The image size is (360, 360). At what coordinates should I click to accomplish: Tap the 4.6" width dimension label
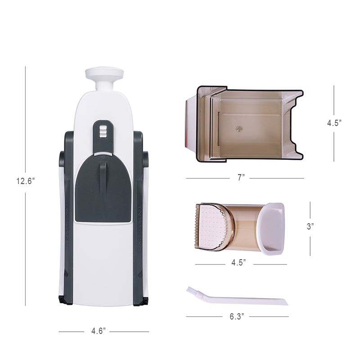98,332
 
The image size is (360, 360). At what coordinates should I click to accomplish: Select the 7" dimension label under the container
241,178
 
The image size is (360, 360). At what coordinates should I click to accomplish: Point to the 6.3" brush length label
236,316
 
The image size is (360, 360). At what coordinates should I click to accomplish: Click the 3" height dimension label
310,226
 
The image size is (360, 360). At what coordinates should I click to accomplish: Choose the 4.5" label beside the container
334,123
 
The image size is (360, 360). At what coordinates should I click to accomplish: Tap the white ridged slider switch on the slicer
103,131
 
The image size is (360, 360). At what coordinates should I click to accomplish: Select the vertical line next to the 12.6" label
25,135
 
